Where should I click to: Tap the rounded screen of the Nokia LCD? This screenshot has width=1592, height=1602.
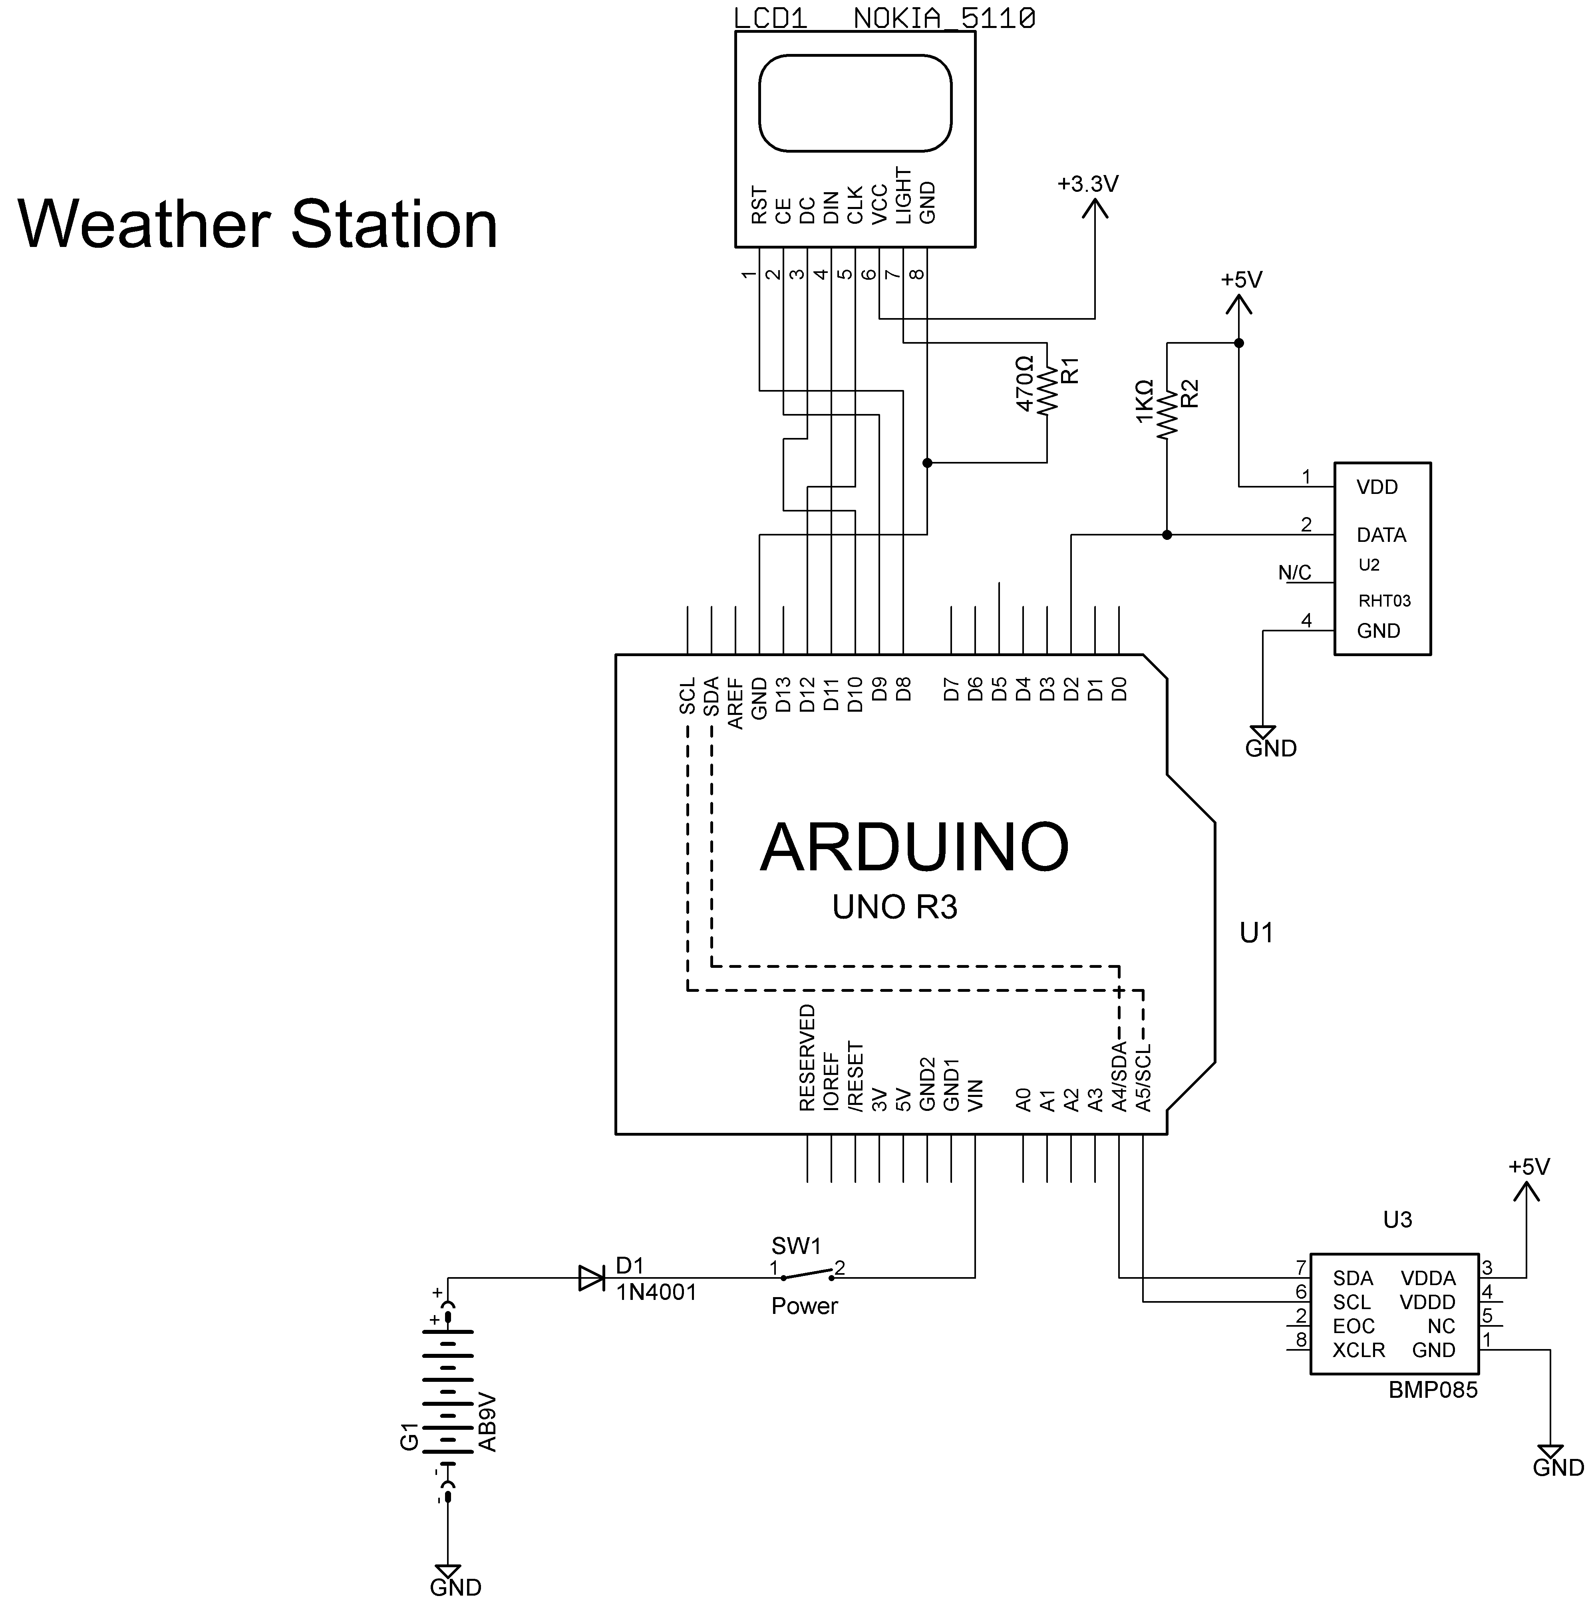click(x=854, y=103)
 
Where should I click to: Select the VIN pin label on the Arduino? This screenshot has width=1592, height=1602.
click(x=975, y=1095)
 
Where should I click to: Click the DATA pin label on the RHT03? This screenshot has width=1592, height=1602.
click(x=1381, y=535)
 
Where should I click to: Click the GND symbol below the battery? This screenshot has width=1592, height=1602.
click(x=449, y=1571)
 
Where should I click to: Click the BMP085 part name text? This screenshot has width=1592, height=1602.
click(x=1433, y=1390)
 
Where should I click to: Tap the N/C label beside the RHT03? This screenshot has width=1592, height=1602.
click(x=1294, y=573)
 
